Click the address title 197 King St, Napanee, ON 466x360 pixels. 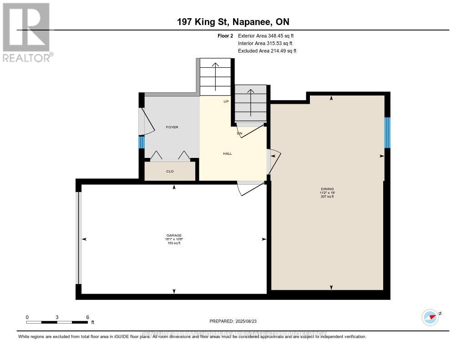point(233,22)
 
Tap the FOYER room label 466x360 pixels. point(172,127)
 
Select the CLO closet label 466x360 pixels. point(170,172)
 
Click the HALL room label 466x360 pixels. point(227,154)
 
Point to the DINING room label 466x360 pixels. point(327,189)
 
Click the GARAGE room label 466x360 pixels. point(173,235)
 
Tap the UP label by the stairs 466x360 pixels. point(226,101)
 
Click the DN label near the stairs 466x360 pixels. point(239,134)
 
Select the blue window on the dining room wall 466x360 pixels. point(387,133)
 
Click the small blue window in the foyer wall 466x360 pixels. point(142,142)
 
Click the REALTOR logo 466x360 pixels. point(27,32)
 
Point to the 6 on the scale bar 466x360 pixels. point(87,317)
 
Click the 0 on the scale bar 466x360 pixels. point(27,317)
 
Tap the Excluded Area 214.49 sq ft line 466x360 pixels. point(267,51)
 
